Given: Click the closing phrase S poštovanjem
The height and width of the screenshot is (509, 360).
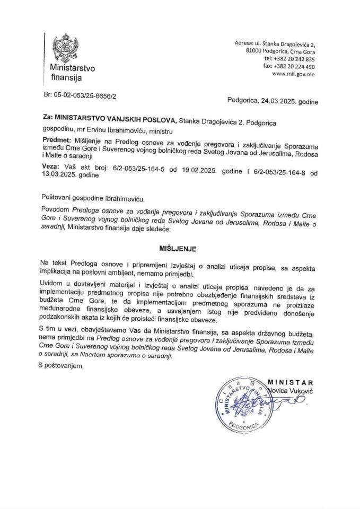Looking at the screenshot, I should tap(62, 365).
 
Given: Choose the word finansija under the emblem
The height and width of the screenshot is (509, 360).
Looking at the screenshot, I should tap(66, 78).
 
